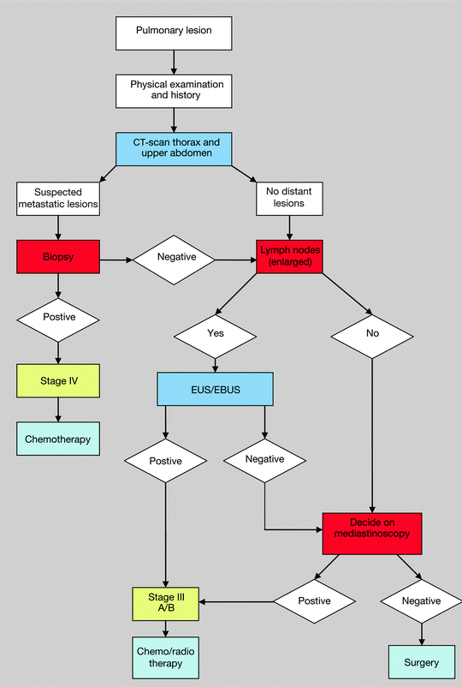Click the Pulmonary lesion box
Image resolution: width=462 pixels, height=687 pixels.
174,32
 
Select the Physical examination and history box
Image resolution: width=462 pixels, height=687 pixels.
174,91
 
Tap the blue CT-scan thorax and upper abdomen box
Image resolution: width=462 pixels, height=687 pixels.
174,149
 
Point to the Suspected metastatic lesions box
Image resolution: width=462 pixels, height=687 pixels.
58,199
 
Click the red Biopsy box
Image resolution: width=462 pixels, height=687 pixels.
58,256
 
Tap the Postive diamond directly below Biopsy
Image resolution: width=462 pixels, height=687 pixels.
58,317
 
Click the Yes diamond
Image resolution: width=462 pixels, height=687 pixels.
215,332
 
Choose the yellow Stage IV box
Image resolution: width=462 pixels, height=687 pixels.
58,379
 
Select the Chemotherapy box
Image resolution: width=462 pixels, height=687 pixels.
58,439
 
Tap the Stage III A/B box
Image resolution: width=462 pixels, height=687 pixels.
166,600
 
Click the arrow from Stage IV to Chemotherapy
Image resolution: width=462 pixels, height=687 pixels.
58,409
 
